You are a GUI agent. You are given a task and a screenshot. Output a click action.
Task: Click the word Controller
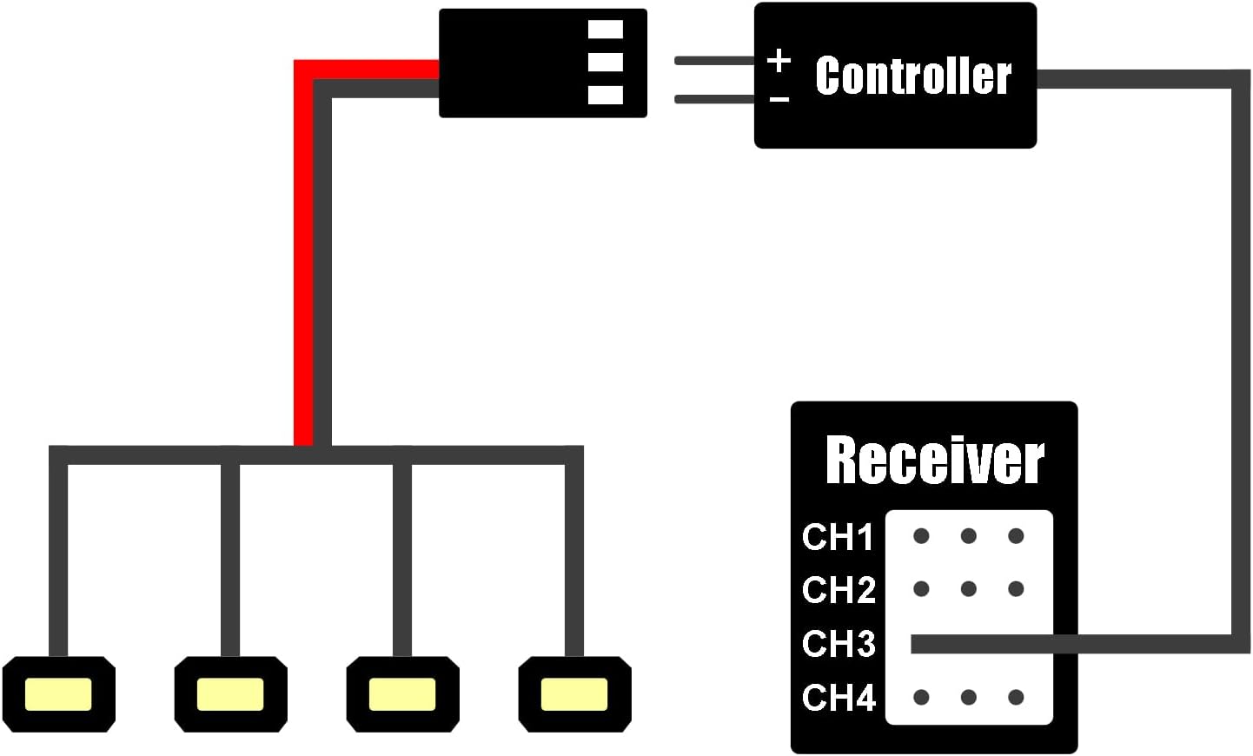pos(913,76)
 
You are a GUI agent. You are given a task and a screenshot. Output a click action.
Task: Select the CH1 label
pos(838,537)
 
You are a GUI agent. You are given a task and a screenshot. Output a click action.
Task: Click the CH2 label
pos(839,590)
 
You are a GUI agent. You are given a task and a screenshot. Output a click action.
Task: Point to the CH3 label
pos(839,644)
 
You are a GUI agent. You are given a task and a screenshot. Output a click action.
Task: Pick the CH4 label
pos(839,698)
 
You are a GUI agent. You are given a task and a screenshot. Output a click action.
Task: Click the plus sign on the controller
pos(779,61)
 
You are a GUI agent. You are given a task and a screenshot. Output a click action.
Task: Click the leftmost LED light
pos(58,694)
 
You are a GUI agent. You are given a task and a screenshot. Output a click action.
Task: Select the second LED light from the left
pos(230,694)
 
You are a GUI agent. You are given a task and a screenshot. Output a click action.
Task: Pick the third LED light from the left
pos(401,694)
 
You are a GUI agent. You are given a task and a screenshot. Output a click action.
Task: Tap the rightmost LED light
pos(573,694)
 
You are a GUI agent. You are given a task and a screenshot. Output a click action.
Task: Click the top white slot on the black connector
pos(606,30)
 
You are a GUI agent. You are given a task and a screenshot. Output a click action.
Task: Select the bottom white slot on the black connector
pos(606,94)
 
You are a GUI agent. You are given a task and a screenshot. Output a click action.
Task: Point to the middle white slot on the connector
pos(606,62)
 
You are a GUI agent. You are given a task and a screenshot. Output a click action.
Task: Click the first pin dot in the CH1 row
pos(921,536)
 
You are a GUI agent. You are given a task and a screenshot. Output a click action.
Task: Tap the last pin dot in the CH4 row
pos(1016,697)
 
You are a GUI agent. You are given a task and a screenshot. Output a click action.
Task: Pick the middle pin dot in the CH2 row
pos(969,589)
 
